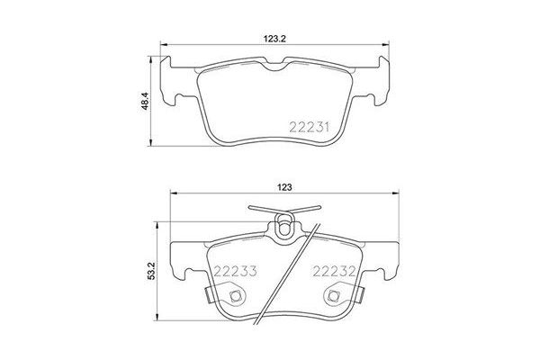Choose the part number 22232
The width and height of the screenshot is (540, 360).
pyautogui.click(x=335, y=271)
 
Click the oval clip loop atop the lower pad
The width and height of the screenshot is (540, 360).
pyautogui.click(x=285, y=226)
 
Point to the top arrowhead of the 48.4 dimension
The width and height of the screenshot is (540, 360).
pyautogui.click(x=150, y=53)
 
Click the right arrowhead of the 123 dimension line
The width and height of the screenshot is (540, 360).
pyautogui.click(x=399, y=194)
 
